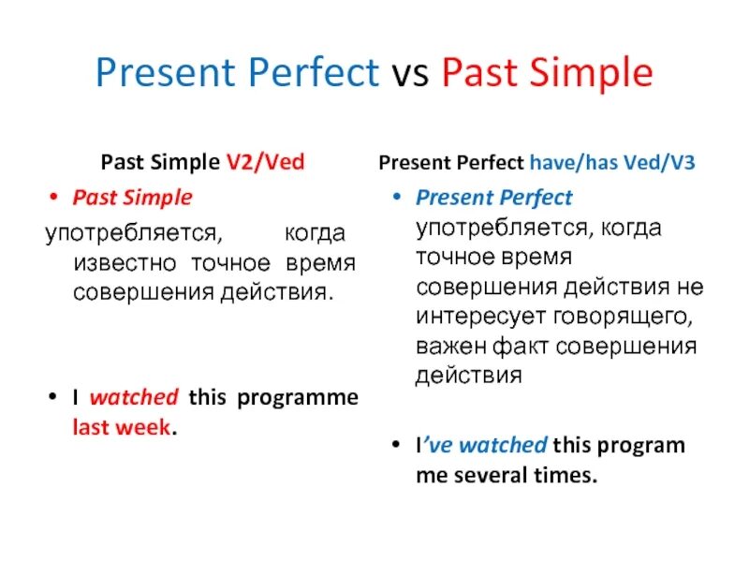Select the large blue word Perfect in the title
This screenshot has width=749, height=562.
pos(314,72)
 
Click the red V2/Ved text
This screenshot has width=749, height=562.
pos(265,162)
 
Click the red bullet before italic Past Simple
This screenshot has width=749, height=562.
pos(53,197)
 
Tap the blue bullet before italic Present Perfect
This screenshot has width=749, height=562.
pos(396,197)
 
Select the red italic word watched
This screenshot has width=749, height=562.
pos(134,397)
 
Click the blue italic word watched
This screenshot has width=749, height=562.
pos(503,445)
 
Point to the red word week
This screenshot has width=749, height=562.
pos(146,427)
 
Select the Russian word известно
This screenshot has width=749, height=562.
pos(125,263)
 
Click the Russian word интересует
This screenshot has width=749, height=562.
pos(481,317)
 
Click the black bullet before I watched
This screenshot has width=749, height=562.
pos(53,396)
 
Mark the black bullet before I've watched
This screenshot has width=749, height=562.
pos(395,444)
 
